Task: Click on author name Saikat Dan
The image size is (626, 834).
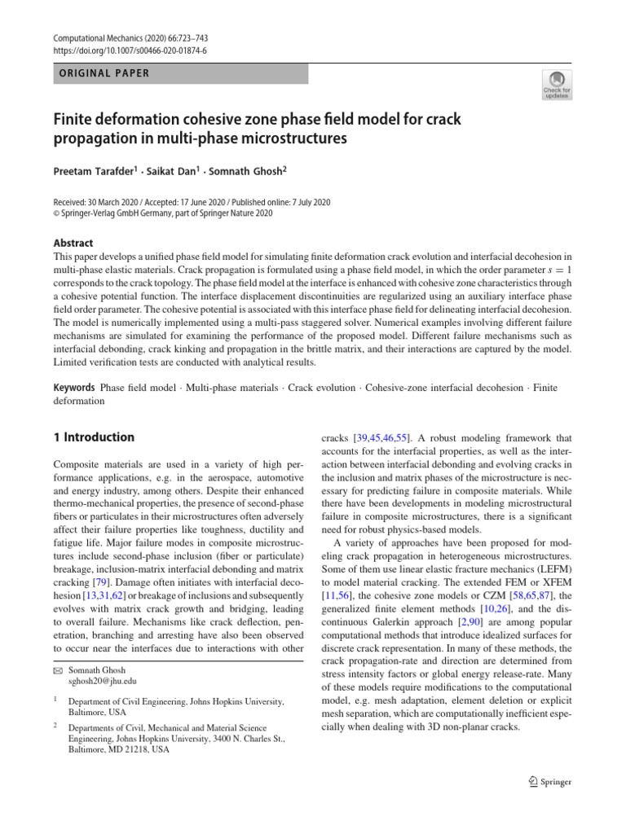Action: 175,173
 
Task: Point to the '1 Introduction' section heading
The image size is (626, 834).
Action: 94,437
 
